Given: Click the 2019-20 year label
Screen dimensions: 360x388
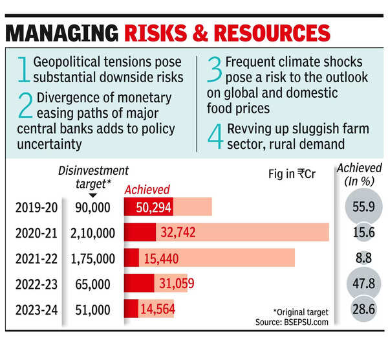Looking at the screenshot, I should [36, 207].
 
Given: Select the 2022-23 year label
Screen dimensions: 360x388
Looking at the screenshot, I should [36, 284].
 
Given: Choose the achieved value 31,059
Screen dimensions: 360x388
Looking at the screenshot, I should [174, 284].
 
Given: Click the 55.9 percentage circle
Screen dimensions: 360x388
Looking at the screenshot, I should [363, 207].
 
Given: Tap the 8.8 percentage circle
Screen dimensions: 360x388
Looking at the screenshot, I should [363, 258].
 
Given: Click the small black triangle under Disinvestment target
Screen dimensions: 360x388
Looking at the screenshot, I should [93, 195].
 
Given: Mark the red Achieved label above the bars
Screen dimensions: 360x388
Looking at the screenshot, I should [147, 190].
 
